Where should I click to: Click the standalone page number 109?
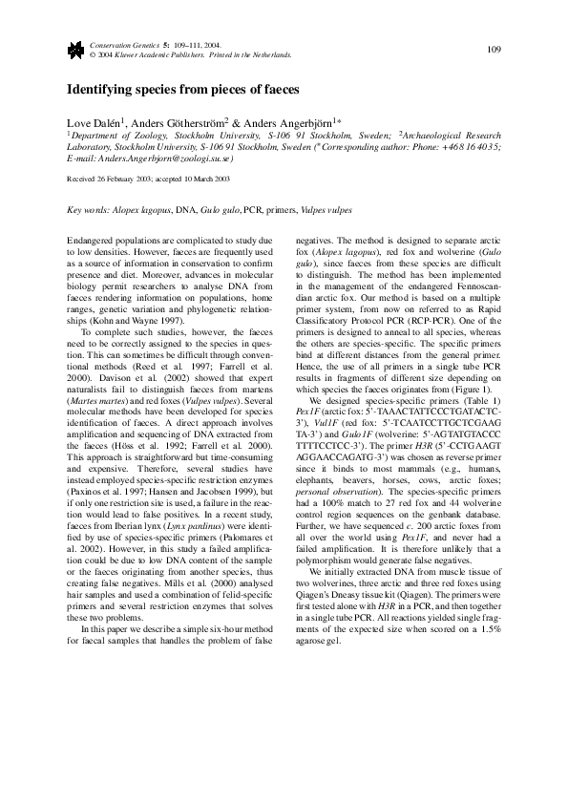[494, 50]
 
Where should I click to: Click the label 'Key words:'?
[85, 209]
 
